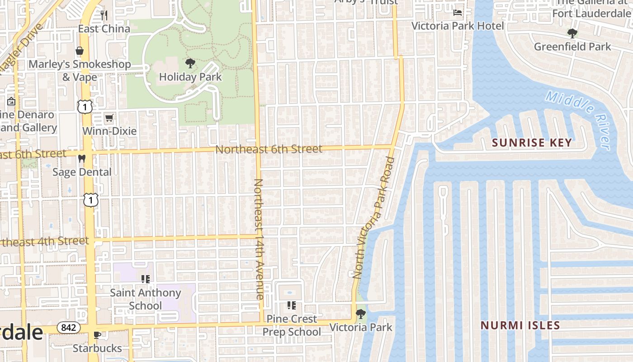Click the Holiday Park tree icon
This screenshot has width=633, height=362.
[190, 63]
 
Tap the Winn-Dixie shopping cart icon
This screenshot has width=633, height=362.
[109, 118]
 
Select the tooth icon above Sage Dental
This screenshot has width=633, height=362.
[82, 158]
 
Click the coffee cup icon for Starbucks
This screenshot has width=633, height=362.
[97, 335]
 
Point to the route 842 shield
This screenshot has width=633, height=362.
[68, 327]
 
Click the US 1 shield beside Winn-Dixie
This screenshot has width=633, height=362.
[85, 107]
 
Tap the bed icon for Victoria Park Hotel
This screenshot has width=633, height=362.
[458, 12]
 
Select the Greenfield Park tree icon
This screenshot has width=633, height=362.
[572, 33]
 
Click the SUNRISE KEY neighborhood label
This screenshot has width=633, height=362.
[532, 143]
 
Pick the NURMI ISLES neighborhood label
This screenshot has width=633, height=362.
[520, 325]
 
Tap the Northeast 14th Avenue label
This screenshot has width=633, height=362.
[259, 239]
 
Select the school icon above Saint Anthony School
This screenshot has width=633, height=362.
[145, 279]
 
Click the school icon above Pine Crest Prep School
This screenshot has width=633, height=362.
[292, 305]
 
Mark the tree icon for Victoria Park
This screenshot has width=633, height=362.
[361, 314]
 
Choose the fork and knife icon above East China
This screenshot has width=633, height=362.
[104, 15]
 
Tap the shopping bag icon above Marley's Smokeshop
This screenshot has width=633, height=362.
[80, 51]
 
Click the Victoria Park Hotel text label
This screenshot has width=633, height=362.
[457, 26]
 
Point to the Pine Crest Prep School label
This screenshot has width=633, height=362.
[292, 325]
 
